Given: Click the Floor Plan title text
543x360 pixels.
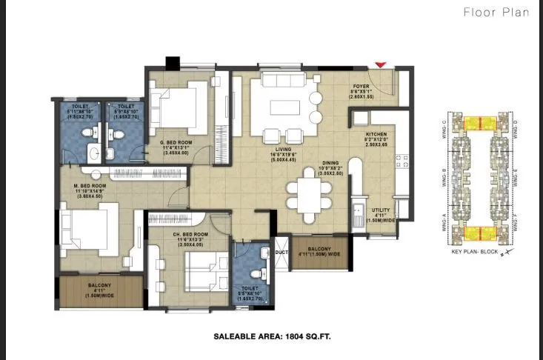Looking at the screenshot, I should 496,12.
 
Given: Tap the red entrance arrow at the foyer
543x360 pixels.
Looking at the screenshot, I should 380,67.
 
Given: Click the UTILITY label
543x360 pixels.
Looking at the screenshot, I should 381,211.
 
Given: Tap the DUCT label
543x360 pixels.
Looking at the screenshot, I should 281,252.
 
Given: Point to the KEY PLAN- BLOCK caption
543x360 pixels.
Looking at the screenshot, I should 473,253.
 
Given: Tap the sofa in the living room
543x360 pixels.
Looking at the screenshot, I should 280,79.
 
